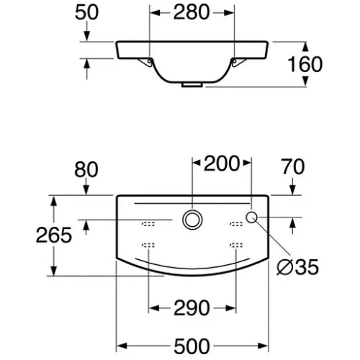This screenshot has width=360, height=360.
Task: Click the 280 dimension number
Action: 192,12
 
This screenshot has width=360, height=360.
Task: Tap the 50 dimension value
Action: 86,12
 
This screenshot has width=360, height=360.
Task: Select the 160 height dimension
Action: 305,64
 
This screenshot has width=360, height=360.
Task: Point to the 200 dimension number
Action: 222,163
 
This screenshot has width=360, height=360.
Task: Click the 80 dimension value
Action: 86,169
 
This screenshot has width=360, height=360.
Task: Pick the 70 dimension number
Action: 293,166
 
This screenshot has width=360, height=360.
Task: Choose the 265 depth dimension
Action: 54,235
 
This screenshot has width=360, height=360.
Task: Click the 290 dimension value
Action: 192,308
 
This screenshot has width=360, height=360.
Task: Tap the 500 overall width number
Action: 192,346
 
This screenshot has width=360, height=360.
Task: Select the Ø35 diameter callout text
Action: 297,267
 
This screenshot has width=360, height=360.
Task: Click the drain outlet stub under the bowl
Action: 192,85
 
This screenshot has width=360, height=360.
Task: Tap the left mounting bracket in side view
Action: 145,62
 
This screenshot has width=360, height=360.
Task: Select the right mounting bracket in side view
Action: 238,62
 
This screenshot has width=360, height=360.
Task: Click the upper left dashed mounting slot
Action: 148,224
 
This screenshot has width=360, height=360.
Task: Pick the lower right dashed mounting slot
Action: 236,245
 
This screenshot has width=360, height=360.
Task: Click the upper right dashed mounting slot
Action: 236,224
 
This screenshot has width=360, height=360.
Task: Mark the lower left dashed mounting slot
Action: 148,245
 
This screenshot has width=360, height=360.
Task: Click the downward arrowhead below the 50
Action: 86,36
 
